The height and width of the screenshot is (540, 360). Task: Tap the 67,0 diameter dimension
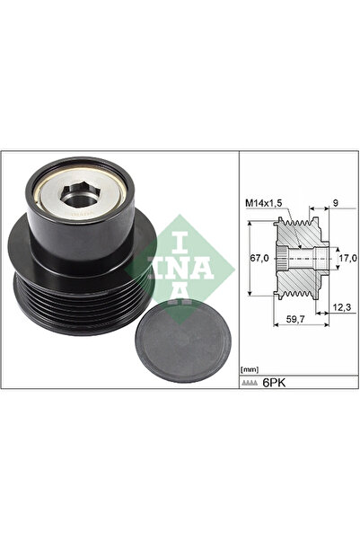(259, 258)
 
